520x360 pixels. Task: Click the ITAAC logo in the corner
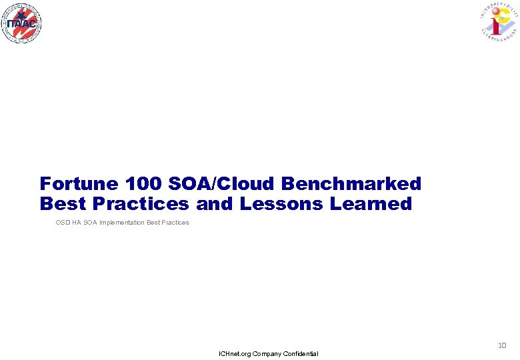point(21,23)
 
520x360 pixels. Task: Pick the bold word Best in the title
point(60,204)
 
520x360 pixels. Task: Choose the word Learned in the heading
point(371,204)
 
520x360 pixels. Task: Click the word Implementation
point(122,223)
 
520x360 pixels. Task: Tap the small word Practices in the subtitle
point(175,223)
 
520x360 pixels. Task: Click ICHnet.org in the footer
point(235,353)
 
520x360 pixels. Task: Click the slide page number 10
point(502,345)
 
